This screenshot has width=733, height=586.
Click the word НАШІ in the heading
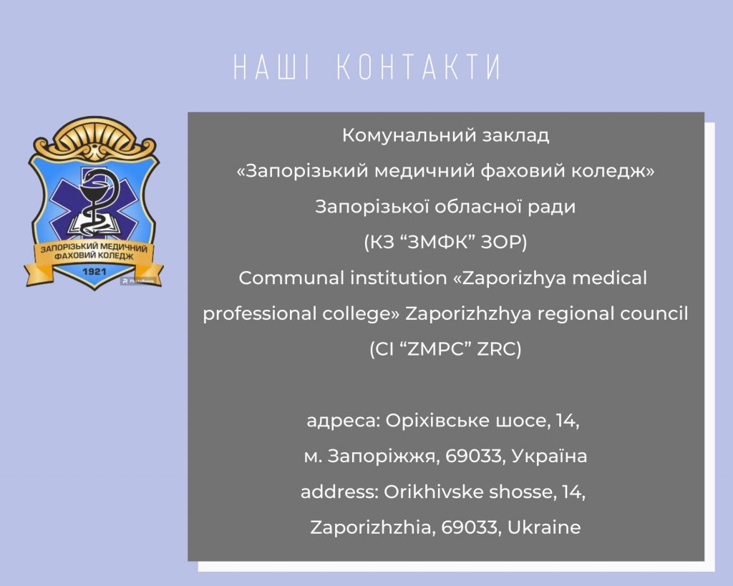click(x=271, y=67)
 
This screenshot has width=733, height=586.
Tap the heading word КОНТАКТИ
click(x=419, y=67)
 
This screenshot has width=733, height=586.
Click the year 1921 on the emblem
click(x=94, y=271)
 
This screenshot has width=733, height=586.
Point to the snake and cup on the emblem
click(x=96, y=202)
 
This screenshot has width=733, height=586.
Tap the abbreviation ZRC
click(x=499, y=349)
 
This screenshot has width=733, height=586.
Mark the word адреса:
click(x=344, y=421)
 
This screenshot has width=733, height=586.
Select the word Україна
click(x=549, y=456)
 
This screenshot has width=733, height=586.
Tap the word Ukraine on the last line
click(x=544, y=527)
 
